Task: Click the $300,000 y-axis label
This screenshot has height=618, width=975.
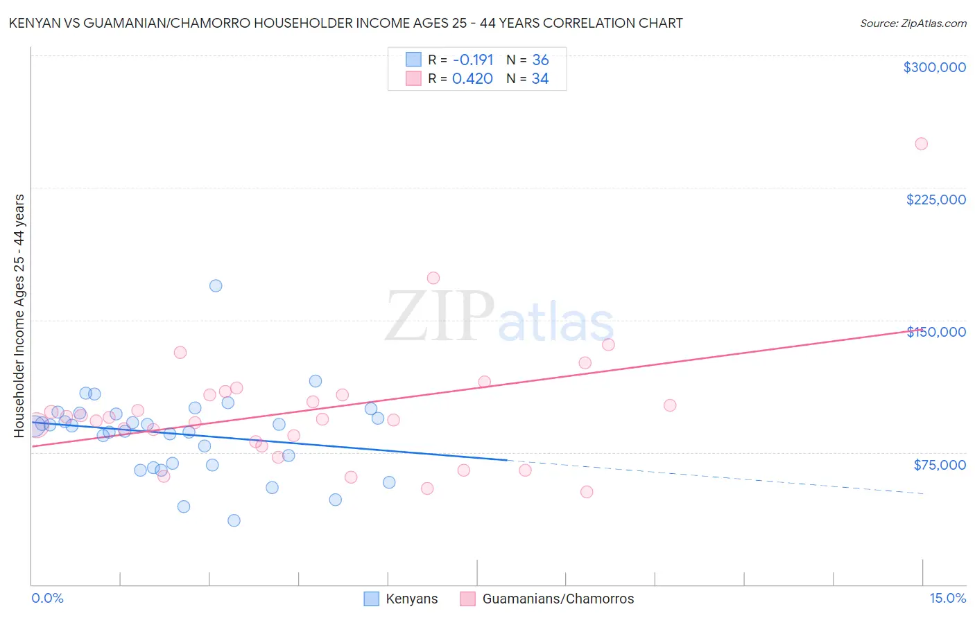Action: (934, 67)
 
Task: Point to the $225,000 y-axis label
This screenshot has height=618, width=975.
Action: (935, 200)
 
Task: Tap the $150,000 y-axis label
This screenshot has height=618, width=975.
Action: (936, 332)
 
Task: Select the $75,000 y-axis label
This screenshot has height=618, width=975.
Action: (940, 465)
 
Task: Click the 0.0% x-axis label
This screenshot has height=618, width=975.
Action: (47, 599)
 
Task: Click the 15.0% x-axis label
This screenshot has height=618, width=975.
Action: (947, 599)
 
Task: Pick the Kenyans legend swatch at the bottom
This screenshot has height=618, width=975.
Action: (372, 599)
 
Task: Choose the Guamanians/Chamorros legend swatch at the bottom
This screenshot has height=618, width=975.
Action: (468, 599)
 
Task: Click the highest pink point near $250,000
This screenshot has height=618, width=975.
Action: (921, 144)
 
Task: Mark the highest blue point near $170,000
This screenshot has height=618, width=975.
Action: (216, 286)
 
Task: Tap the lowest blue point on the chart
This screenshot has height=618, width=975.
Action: (234, 520)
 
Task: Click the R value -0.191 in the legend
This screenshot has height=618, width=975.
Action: (472, 60)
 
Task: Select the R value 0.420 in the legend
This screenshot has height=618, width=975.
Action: (472, 79)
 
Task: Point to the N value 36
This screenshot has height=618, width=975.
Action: (540, 60)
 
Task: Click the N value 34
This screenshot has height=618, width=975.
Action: (540, 79)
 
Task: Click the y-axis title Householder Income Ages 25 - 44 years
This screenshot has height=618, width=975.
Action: (19, 315)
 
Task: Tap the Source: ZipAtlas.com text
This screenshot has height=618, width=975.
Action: (913, 24)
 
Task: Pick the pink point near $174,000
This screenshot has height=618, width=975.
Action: (433, 278)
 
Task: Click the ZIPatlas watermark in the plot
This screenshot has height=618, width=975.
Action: (499, 317)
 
